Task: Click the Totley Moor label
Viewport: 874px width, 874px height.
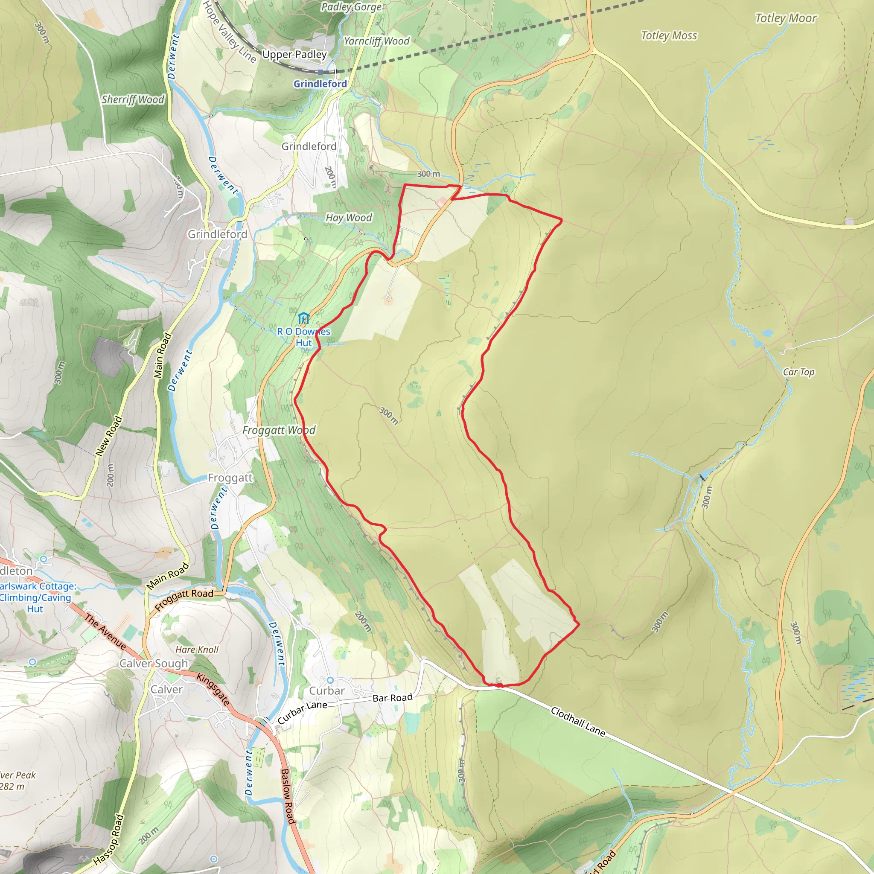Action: (786, 18)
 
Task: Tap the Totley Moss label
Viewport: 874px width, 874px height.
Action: (669, 35)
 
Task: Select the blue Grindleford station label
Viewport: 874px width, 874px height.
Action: (320, 84)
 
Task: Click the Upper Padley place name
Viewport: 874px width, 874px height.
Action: (294, 54)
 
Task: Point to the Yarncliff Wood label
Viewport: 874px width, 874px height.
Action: (376, 41)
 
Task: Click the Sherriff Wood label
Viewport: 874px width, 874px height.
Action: (133, 99)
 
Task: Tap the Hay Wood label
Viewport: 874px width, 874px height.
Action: (349, 218)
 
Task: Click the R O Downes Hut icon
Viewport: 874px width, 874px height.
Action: (303, 318)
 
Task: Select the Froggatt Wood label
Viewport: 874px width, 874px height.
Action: (279, 430)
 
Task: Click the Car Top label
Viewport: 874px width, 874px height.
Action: (798, 372)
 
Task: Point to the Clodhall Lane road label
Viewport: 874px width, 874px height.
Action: (578, 722)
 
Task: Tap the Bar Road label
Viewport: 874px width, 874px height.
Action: (392, 698)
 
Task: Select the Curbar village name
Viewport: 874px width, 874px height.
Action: (326, 691)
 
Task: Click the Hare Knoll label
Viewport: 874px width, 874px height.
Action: (197, 650)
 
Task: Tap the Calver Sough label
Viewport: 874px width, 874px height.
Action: (153, 664)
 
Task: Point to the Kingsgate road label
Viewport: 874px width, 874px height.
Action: (213, 689)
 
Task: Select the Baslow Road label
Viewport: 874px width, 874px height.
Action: (288, 796)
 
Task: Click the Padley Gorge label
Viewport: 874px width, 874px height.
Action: (351, 7)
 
